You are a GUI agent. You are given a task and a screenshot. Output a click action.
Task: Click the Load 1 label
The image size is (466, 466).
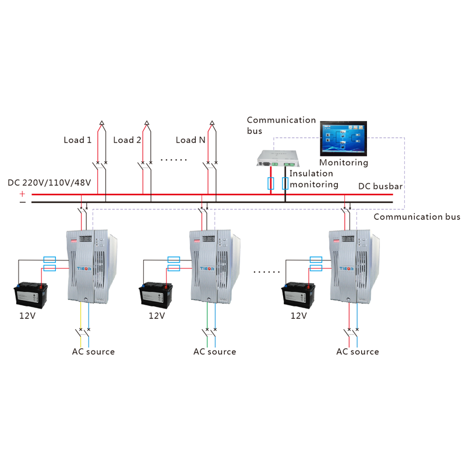pyautogui.click(x=77, y=140)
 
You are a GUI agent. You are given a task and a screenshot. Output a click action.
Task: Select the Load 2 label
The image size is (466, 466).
pyautogui.click(x=127, y=140)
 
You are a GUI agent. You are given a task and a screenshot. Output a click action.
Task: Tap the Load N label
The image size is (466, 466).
pyautogui.click(x=190, y=140)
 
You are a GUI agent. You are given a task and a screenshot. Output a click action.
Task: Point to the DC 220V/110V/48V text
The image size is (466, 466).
pyautogui.click(x=50, y=182)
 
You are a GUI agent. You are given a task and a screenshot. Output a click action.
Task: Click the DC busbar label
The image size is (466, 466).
pyautogui.click(x=380, y=186)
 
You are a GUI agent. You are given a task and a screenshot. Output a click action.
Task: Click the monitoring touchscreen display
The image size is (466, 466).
pyautogui.click(x=343, y=139)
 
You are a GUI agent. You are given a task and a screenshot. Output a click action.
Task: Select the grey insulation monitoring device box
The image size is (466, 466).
pyautogui.click(x=278, y=158)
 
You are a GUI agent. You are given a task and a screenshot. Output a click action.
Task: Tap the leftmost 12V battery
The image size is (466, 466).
pyautogui.click(x=31, y=295)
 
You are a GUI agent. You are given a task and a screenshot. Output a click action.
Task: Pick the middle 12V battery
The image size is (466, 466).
pyautogui.click(x=156, y=295)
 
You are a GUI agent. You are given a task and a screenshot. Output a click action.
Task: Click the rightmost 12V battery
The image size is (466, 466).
pyautogui.click(x=298, y=295)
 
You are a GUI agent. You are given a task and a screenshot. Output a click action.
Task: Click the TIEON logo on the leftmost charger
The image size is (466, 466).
pyautogui.click(x=84, y=269)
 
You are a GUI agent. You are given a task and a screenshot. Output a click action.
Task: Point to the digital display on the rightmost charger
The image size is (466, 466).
pyautogui.click(x=348, y=239)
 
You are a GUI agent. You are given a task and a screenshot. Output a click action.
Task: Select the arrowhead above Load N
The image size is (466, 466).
pyautogui.click(x=212, y=123)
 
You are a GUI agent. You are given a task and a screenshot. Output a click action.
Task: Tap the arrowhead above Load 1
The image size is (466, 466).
pyautogui.click(x=101, y=123)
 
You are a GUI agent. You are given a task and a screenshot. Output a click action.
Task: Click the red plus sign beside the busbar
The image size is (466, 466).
pyautogui.click(x=22, y=194)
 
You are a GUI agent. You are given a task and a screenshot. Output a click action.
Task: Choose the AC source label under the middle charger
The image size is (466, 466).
pyautogui.click(x=214, y=352)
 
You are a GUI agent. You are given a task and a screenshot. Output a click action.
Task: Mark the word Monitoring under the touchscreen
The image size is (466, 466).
pyautogui.click(x=344, y=163)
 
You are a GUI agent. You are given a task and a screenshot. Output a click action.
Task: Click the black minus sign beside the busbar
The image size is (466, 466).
pyautogui.click(x=23, y=202)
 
